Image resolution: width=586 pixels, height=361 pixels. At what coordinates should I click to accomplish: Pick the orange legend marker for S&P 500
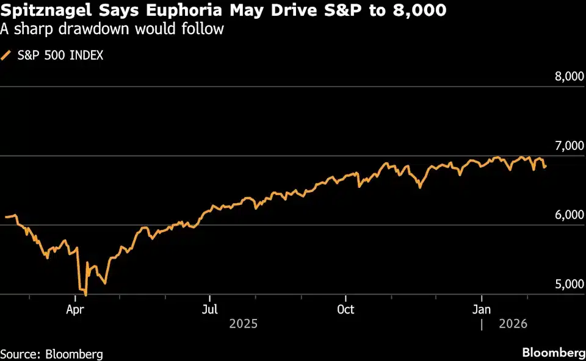click(x=6, y=55)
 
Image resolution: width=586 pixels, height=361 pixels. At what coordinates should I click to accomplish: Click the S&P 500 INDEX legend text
click(x=60, y=55)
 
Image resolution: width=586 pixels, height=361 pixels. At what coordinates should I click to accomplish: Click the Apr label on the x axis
click(x=74, y=310)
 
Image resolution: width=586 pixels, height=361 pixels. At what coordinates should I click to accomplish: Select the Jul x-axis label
click(x=209, y=310)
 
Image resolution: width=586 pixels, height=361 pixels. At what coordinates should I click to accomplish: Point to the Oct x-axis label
click(x=345, y=310)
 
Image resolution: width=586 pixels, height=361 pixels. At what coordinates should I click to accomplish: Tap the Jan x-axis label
click(x=482, y=310)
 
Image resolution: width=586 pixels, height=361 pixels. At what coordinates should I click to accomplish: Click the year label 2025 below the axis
click(x=243, y=324)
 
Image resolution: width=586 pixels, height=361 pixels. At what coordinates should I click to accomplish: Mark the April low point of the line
click(x=85, y=295)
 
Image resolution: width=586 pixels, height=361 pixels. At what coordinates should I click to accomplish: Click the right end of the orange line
click(x=545, y=166)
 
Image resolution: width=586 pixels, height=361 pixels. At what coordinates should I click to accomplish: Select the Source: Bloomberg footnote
click(x=51, y=354)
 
